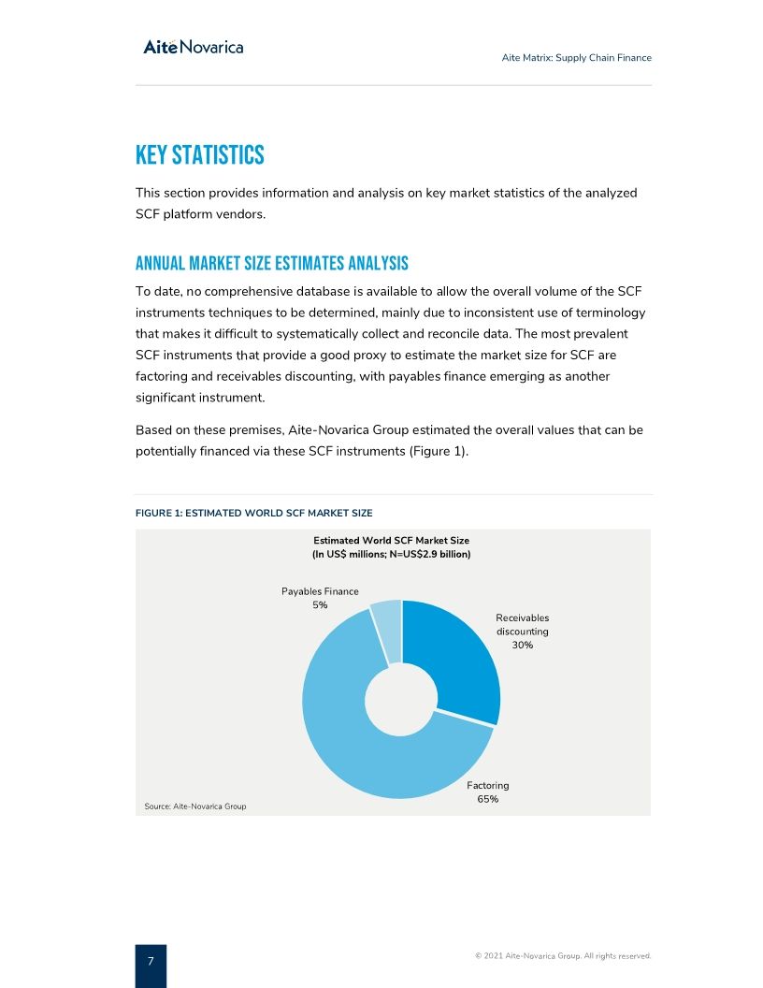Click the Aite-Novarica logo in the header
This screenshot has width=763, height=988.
[x=194, y=47]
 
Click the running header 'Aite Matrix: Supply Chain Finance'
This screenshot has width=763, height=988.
[x=576, y=58]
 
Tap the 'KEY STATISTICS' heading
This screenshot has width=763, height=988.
[x=199, y=155]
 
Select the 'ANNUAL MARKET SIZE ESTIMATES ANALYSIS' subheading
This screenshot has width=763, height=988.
[x=271, y=262]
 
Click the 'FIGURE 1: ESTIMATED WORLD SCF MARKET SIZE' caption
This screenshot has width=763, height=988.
[x=253, y=513]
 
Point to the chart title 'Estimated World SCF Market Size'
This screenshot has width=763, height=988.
[x=391, y=541]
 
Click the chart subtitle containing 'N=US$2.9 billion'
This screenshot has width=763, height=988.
[x=391, y=555]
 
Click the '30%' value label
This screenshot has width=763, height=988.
[x=522, y=646]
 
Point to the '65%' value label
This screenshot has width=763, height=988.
[x=487, y=800]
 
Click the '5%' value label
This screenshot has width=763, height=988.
[x=320, y=605]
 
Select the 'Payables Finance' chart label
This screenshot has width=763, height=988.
[x=320, y=591]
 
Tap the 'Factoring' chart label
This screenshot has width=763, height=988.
[x=487, y=786]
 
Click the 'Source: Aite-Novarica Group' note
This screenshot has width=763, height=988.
[x=195, y=806]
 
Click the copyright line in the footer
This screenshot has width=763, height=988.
[x=562, y=956]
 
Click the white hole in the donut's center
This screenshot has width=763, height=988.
[x=401, y=699]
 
